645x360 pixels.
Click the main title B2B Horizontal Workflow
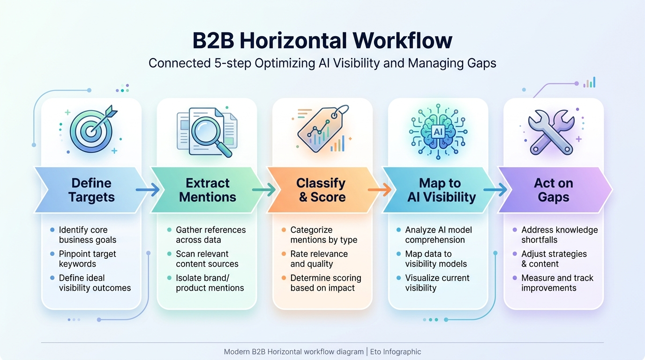[322, 41]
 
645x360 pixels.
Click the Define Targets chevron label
[91, 190]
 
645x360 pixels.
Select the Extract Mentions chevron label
[207, 190]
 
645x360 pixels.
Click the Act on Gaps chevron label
[553, 190]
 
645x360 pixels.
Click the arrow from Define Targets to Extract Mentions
[148, 190]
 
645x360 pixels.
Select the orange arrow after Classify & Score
[379, 190]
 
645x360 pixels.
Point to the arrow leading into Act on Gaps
[495, 190]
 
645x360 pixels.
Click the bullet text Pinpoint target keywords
[87, 259]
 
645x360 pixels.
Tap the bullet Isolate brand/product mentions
[210, 283]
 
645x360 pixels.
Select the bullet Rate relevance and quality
[319, 259]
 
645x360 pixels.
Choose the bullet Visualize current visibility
[437, 283]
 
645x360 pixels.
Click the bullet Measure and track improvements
[557, 283]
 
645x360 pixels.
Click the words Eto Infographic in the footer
[396, 352]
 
